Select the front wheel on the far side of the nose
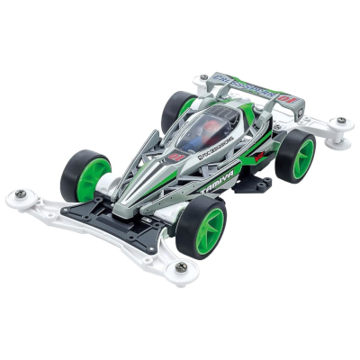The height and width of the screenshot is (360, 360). click(x=85, y=173)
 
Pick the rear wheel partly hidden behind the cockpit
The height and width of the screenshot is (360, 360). click(x=178, y=105)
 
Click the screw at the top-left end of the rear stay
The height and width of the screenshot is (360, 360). click(x=204, y=77)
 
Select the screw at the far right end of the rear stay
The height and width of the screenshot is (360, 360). click(x=341, y=121)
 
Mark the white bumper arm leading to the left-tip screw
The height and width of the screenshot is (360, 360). click(x=54, y=203)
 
